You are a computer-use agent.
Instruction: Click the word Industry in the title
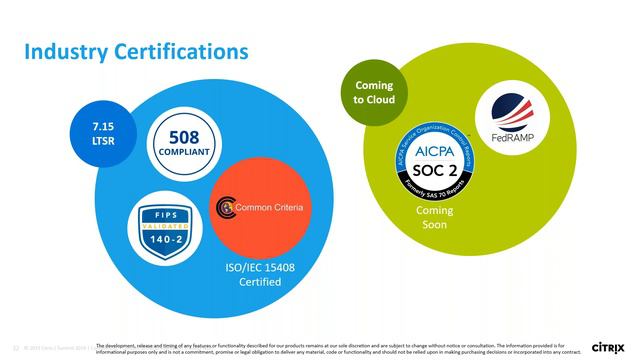(x=61, y=49)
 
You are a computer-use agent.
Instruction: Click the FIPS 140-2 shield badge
(x=164, y=231)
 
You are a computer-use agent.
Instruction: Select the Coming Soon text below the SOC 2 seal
(x=433, y=217)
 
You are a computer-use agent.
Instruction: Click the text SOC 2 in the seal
(x=433, y=169)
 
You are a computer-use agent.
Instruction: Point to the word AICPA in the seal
(x=433, y=149)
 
